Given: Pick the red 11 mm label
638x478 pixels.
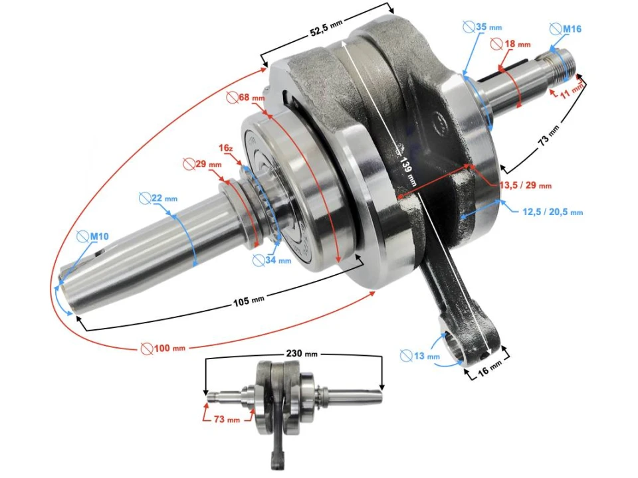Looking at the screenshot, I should click(570, 91).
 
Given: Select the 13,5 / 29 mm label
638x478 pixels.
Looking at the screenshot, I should click(525, 185).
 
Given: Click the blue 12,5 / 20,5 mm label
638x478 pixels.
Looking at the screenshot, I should click(552, 211).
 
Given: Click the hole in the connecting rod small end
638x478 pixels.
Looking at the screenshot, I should click(457, 349).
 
